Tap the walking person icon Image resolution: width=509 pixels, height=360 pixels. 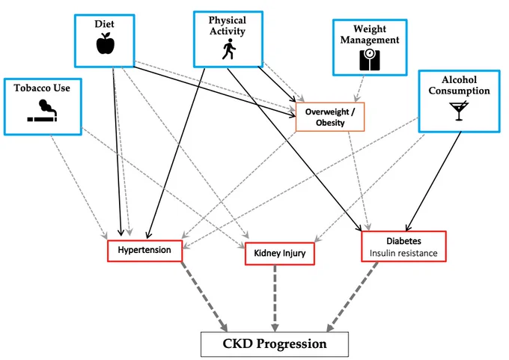229,49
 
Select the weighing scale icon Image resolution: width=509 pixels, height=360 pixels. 370,60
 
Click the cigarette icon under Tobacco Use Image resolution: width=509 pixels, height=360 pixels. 43,111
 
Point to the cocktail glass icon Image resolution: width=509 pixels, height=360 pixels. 459,111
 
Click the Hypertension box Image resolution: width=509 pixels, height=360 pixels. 144,251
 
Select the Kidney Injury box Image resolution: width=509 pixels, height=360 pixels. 279,254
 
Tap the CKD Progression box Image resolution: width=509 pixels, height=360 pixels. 275,344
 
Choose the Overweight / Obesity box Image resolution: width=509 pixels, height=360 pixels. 330,117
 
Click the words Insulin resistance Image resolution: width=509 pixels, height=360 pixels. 403,253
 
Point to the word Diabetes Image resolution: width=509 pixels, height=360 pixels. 403,241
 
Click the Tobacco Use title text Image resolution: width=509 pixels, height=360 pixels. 42,88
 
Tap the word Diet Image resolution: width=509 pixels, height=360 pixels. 104,24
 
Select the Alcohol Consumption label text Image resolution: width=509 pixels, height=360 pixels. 459,85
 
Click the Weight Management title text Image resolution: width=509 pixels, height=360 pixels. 370,34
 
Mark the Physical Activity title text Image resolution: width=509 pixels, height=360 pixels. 228,25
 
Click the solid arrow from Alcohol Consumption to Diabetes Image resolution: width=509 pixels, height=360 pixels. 433,181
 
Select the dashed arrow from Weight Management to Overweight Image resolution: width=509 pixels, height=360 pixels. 360,88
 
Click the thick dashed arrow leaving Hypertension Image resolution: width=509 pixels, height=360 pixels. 204,296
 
